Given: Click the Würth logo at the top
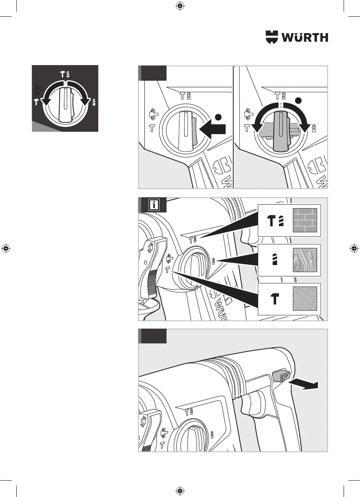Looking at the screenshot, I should click(297, 37).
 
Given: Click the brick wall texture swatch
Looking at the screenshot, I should click(305, 220).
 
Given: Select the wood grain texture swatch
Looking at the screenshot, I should click(305, 260).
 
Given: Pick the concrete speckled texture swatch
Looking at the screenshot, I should click(305, 299).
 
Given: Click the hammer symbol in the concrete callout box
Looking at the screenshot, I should click(275, 299).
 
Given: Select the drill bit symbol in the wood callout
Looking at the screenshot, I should click(275, 260).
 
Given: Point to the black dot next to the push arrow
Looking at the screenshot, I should click(219, 117).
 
